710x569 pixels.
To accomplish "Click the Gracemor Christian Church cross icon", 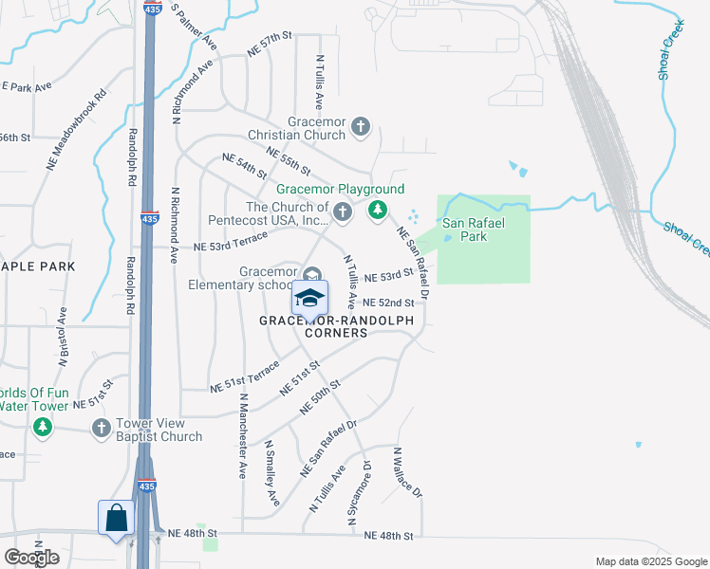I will [360, 126].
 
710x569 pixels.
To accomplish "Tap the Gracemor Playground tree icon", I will [378, 210].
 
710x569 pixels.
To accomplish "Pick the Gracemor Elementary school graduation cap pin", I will [309, 298].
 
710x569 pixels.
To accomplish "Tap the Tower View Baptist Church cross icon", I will [102, 429].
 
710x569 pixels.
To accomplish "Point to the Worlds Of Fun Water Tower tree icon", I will [42, 429].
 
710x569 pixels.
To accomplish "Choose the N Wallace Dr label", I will [407, 474].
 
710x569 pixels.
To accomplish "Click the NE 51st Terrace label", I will [244, 376].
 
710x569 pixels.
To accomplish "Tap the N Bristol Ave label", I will [64, 337].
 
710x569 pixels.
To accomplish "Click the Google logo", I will [31, 558].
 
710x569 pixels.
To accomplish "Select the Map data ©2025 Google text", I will [650, 561].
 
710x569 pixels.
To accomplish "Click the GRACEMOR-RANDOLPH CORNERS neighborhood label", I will [339, 327].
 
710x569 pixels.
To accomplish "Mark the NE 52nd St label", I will [389, 303].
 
